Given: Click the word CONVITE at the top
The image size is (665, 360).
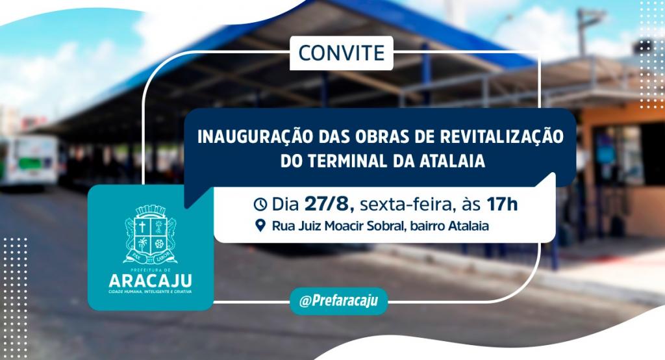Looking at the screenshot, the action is coord(342,53).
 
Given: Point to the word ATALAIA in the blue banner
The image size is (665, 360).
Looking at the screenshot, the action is coord(452,161).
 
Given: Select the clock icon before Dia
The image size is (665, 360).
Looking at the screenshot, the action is coord(260,205).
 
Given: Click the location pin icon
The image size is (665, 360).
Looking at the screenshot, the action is coord(261,225).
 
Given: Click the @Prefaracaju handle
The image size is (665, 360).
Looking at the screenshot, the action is coord(338,301).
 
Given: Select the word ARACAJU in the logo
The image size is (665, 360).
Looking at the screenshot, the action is coord(150,281).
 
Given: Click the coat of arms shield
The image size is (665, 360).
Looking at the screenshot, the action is coord(150,235).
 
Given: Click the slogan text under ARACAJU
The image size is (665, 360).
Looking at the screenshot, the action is coord(150,292).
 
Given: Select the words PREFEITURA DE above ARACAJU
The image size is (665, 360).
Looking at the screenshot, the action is coord(150,270).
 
